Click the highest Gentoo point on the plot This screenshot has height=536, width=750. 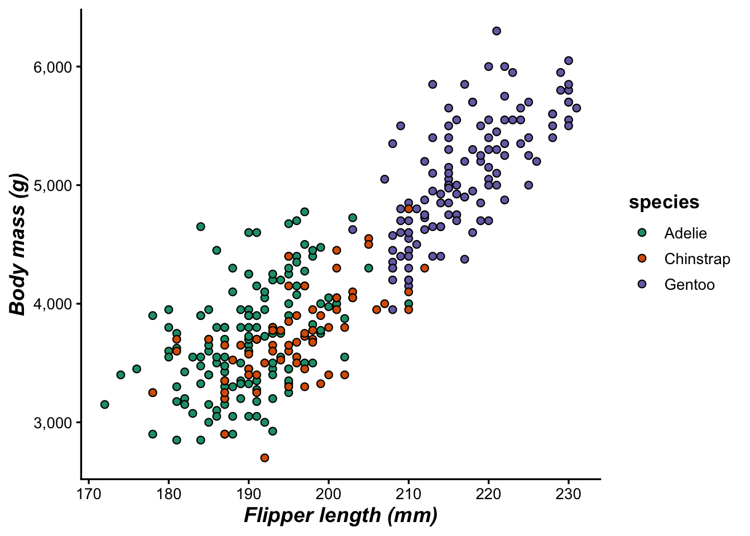click(x=497, y=31)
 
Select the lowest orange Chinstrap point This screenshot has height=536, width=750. click(x=265, y=458)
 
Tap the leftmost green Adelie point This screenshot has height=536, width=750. click(x=104, y=404)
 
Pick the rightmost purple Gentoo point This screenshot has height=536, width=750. click(x=576, y=108)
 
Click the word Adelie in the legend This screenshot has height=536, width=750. click(x=685, y=233)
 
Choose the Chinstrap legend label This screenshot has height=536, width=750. click(x=697, y=259)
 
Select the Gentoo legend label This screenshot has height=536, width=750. click(x=689, y=285)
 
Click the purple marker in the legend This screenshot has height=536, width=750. click(x=642, y=284)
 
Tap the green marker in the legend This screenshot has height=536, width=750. click(x=642, y=233)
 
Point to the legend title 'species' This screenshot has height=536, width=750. click(x=664, y=202)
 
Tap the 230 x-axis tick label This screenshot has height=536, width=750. click(x=569, y=494)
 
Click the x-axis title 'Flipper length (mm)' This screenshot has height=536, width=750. click(x=340, y=515)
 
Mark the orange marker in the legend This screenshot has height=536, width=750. click(x=642, y=259)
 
